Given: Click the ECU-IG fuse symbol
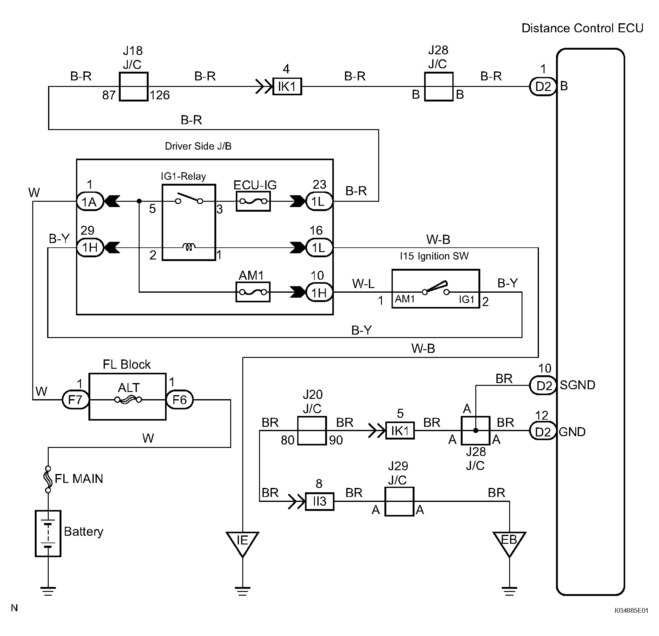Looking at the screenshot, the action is (253, 201).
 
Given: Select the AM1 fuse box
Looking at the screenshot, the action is (253, 292).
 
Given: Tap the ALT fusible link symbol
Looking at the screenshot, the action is (128, 399).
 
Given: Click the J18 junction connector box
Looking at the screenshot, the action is (133, 86).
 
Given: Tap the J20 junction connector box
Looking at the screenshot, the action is (312, 431).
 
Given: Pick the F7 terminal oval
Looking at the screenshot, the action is (76, 399).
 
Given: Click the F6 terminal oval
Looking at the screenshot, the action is (180, 399).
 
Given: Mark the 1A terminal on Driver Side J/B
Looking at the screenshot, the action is (90, 201).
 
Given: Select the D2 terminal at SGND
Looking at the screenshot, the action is (543, 386).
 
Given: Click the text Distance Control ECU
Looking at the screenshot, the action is (582, 28).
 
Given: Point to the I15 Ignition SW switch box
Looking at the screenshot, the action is (435, 289).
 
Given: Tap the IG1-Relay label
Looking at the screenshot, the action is (183, 176).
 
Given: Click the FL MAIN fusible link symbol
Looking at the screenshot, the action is (48, 479).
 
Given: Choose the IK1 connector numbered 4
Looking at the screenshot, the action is (287, 86).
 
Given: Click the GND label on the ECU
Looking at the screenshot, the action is (572, 431).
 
